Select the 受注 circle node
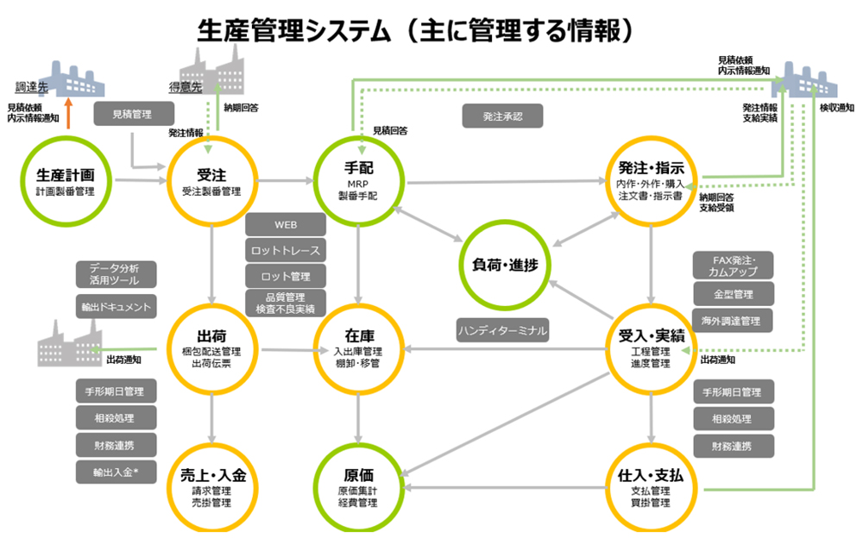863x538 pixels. click(211, 181)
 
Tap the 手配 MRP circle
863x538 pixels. click(357, 181)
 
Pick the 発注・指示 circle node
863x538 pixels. click(652, 181)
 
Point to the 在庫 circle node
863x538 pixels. click(357, 349)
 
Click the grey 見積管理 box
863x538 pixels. click(134, 113)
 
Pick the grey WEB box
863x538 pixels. click(286, 225)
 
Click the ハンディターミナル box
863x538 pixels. click(503, 328)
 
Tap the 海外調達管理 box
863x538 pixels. click(734, 321)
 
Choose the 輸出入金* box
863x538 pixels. click(116, 471)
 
